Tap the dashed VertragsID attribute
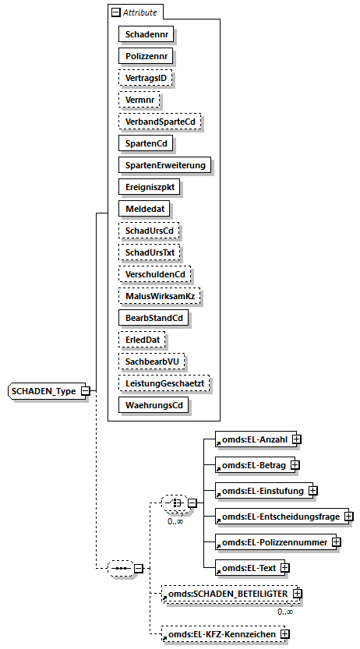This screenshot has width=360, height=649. tap(145, 78)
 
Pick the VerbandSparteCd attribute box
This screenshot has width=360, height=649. tap(160, 122)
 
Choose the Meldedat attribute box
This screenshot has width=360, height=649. tap(144, 209)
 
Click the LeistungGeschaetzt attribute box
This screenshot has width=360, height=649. tap(164, 383)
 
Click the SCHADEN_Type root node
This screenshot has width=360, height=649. tap(44, 390)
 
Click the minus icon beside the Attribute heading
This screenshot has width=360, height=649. tap(116, 12)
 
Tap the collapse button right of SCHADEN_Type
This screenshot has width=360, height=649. tap(86, 390)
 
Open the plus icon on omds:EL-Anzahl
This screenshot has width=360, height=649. tap(296, 440)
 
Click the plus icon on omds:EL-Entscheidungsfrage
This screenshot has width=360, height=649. tap(349, 516)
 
